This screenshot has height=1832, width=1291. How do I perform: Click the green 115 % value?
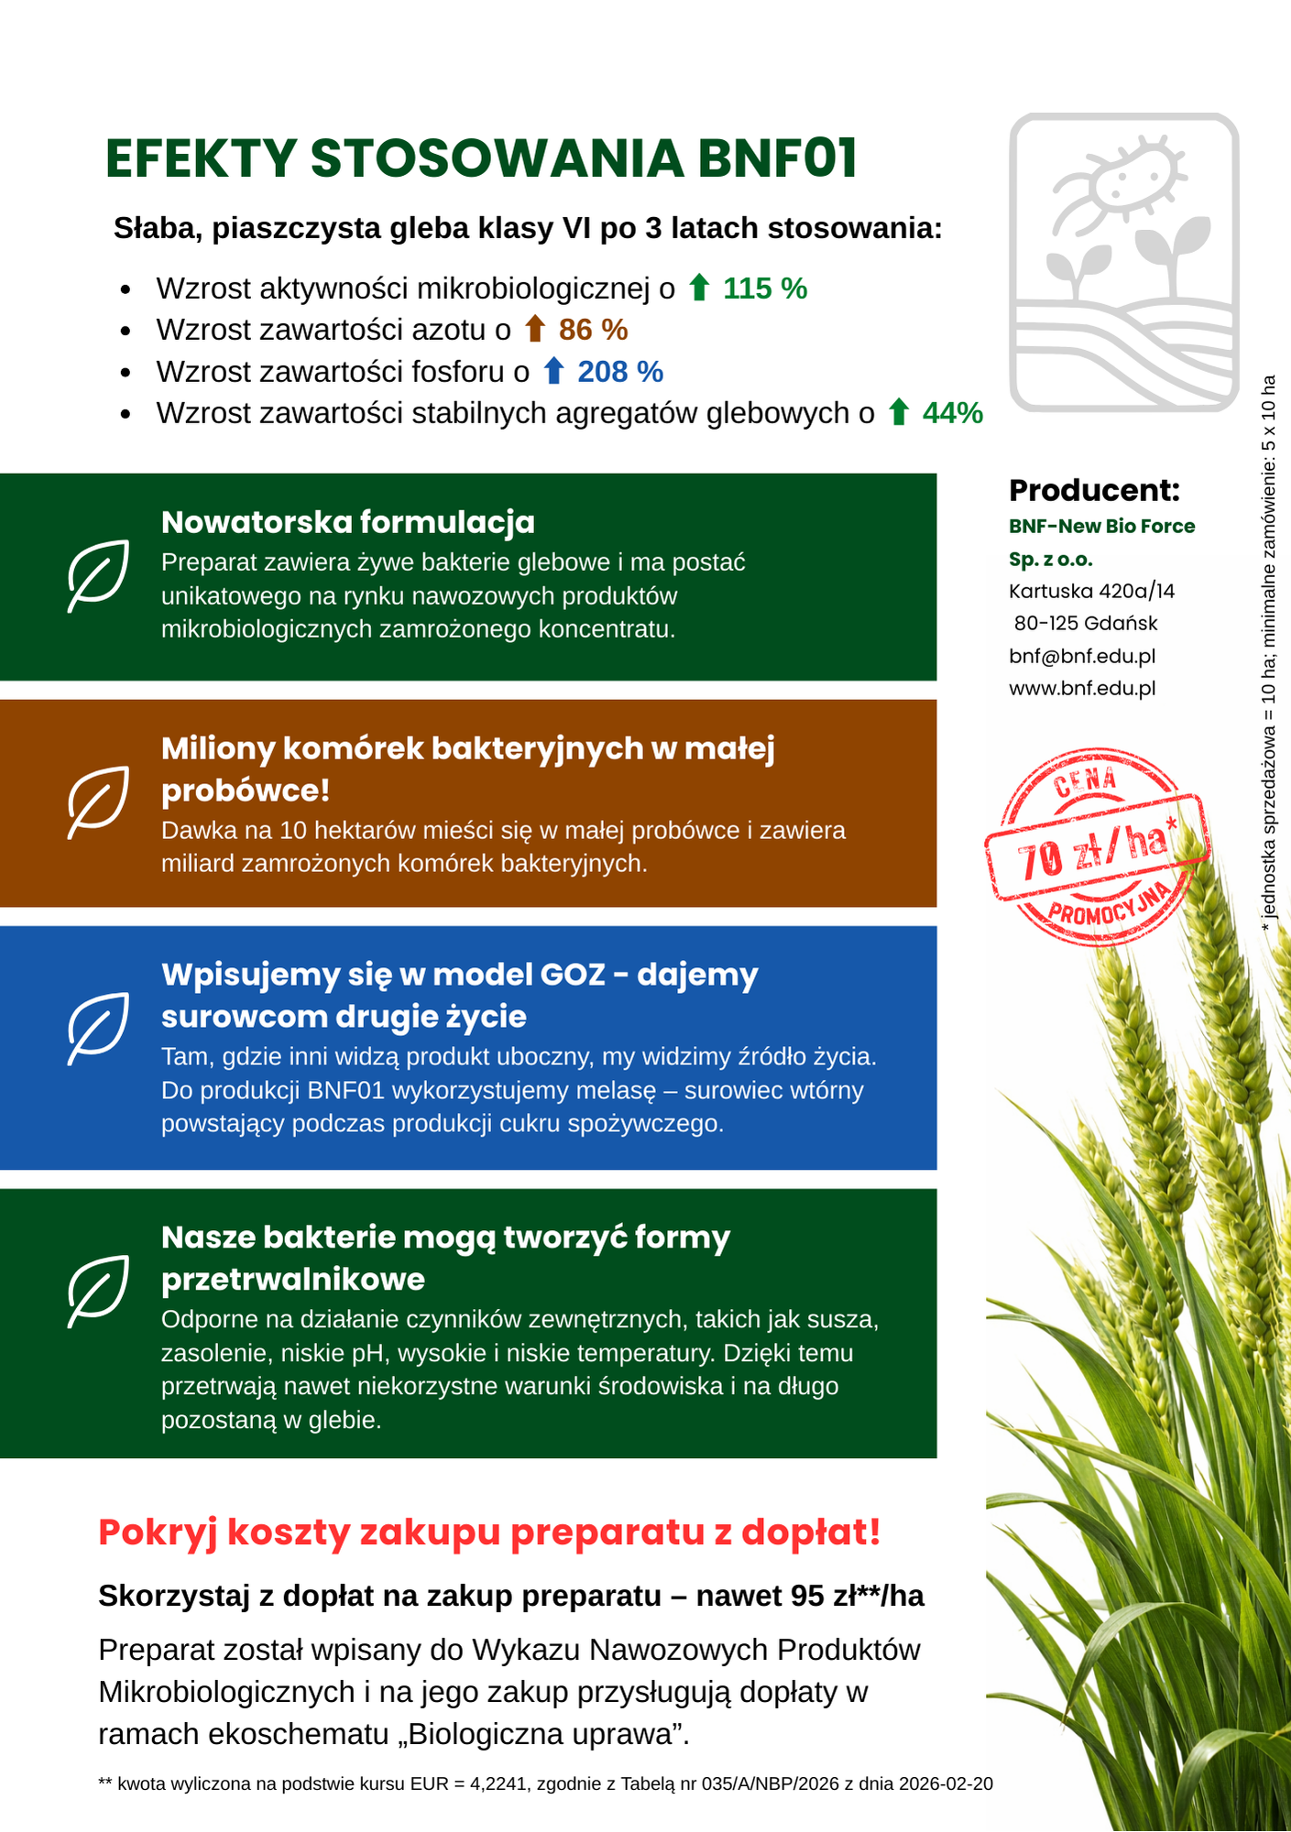765,289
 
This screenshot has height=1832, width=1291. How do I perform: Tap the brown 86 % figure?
593,330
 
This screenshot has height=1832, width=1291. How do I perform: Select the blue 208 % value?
620,372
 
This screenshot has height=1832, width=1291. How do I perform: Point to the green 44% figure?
952,413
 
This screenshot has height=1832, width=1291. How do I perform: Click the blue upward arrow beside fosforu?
553,371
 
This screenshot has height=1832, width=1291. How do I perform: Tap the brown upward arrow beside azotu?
535,329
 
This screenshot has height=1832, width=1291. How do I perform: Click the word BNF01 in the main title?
777,158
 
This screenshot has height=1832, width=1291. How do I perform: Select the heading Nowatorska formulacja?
348,522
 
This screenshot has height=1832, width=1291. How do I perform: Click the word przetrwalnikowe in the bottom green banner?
293,1279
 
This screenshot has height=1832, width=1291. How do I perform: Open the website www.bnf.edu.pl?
1082,688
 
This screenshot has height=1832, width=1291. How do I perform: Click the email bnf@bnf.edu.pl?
1082,656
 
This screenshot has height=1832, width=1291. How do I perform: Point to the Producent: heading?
1094,490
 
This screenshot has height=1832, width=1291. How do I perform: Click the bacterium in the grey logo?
1134,177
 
